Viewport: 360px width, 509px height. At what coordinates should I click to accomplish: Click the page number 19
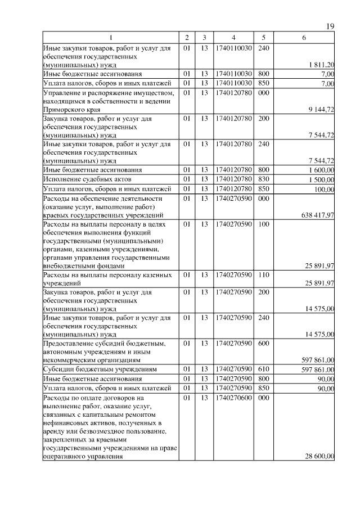click(331, 26)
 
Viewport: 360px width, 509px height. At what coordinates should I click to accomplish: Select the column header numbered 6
click(304, 38)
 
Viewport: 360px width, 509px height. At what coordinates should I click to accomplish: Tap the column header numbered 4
click(233, 38)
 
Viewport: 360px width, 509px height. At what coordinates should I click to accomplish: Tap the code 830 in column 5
click(263, 179)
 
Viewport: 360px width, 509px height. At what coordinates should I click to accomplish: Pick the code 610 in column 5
click(263, 369)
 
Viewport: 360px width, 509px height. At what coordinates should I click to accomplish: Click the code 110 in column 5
click(263, 275)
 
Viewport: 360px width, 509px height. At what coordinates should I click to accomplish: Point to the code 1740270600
click(233, 398)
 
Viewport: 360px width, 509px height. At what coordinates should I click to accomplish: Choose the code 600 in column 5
click(263, 343)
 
